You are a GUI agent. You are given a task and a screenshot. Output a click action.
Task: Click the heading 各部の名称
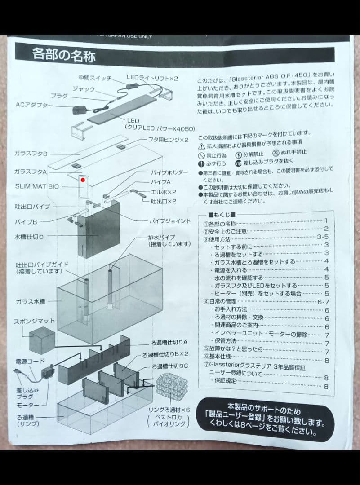64,55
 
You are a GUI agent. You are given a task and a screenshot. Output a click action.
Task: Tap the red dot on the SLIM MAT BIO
83,181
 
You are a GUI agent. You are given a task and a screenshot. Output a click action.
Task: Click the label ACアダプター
35,105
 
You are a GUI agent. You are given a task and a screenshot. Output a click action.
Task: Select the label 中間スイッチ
95,77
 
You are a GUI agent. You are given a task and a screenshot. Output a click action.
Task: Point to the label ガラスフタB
31,154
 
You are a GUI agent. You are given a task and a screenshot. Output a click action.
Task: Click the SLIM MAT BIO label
36,185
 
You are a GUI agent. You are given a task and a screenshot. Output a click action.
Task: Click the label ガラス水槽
32,302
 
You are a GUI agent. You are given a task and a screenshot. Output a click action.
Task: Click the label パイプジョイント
170,221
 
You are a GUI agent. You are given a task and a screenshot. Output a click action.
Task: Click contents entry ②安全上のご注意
225,232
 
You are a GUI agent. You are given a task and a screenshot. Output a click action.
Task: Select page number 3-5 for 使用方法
323,237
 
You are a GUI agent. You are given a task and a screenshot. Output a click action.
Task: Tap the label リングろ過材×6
169,410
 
